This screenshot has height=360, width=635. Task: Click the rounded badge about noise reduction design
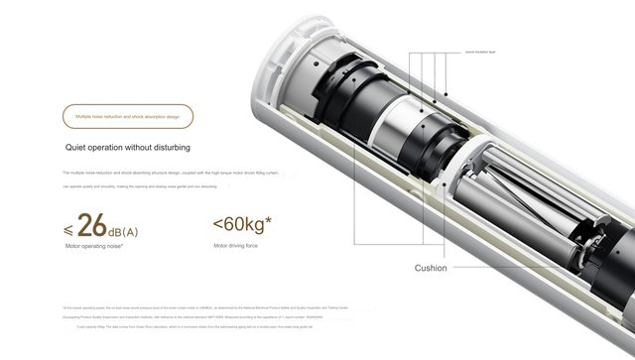pyautogui.click(x=128, y=116)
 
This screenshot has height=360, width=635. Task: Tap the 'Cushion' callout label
pyautogui.click(x=431, y=268)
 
